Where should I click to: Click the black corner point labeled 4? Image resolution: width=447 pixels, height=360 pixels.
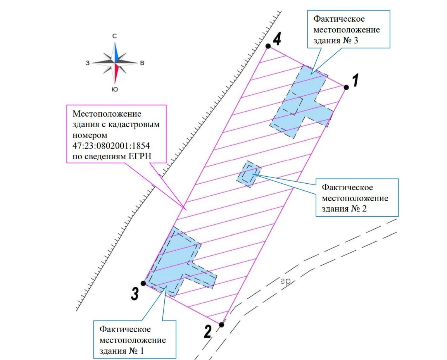coord(268,46)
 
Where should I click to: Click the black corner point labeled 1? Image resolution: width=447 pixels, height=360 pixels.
coord(346,88)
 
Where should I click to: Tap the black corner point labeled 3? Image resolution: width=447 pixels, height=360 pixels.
coord(143,284)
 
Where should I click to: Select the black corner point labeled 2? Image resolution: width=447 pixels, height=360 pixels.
coord(221,325)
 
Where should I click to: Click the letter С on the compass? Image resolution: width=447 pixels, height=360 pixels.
coord(114,36)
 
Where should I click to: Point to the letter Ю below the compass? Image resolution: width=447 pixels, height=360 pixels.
coord(115,90)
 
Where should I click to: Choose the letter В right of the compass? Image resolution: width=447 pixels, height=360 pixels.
coord(142,63)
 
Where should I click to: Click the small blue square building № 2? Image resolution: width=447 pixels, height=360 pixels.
coord(249,174)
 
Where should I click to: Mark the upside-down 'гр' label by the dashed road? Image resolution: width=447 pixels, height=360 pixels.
coord(285,282)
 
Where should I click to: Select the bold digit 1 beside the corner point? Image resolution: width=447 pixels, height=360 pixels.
coord(355,80)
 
